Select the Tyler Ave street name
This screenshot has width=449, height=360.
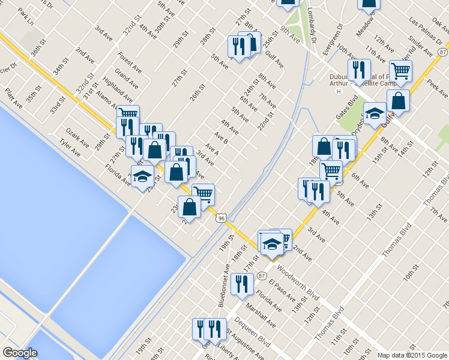tap(70, 146)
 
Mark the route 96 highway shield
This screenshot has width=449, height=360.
tap(221, 218)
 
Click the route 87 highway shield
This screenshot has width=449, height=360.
tap(262, 276)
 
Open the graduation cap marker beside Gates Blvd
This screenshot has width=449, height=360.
tap(375, 113)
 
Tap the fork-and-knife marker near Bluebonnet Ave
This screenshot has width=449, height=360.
tap(241, 283)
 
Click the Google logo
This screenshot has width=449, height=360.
tap(20, 353)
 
